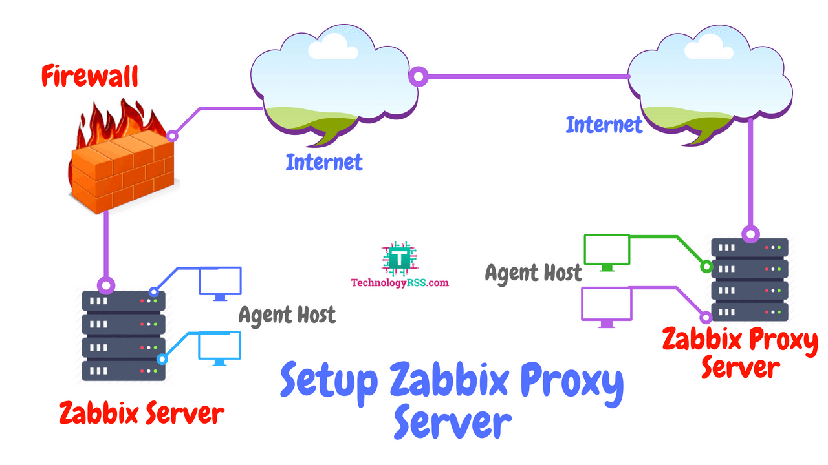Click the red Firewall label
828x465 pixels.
click(89, 76)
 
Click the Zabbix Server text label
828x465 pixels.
click(141, 413)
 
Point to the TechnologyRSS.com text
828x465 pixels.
click(399, 282)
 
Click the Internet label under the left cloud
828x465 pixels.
click(324, 161)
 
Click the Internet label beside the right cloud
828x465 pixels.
click(604, 125)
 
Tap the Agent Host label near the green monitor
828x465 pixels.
click(534, 273)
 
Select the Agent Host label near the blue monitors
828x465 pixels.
click(287, 315)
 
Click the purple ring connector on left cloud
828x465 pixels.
click(419, 77)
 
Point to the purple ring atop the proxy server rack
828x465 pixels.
click(750, 234)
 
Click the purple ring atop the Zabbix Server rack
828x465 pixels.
click(105, 285)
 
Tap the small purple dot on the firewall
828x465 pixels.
click(172, 136)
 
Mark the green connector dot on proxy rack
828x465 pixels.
click(706, 265)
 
